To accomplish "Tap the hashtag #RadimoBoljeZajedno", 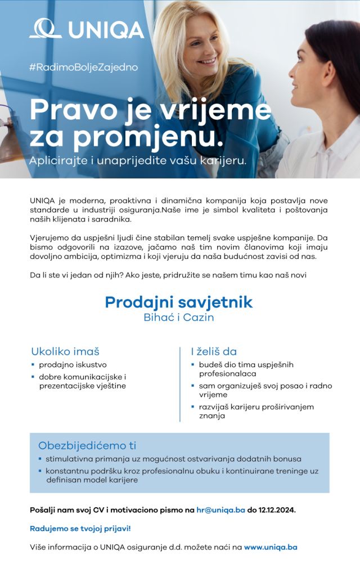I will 83,67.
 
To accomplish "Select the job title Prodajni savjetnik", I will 179,302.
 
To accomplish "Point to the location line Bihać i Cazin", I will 179,318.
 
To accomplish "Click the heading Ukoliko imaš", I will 65,351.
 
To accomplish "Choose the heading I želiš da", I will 214,351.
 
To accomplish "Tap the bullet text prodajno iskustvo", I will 73,365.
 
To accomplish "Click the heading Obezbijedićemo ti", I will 87,445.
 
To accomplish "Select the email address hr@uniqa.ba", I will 224,510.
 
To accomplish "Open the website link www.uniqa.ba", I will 271,547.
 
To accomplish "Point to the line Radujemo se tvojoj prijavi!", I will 80,529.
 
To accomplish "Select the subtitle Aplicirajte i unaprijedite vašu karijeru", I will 138,160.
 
